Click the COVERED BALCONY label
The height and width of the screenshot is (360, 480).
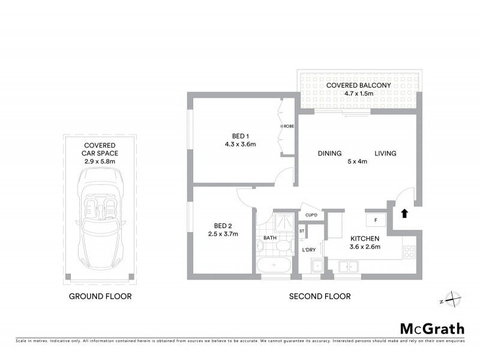(358, 85)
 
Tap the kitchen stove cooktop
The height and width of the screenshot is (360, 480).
(409, 252)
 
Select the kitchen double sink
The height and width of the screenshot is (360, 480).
(347, 266)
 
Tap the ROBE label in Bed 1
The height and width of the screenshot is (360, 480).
(289, 127)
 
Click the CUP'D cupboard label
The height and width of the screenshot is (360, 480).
(311, 215)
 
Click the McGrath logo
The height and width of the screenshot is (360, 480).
(432, 328)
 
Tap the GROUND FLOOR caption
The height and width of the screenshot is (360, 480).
(100, 296)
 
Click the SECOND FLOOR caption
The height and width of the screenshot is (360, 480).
(320, 296)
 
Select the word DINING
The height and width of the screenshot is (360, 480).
(329, 154)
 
